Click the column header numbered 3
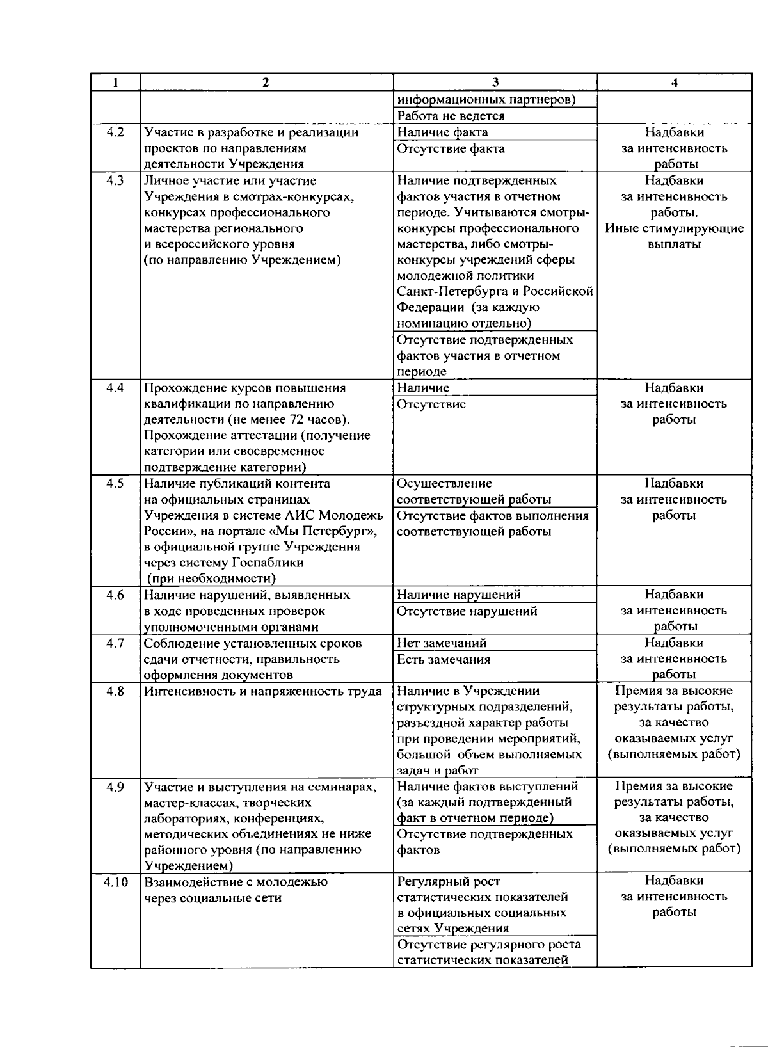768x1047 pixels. pyautogui.click(x=495, y=83)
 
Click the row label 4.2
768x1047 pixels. pyautogui.click(x=115, y=132)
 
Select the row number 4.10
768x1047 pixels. pyautogui.click(x=115, y=882)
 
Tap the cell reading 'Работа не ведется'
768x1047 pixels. pyautogui.click(x=451, y=116)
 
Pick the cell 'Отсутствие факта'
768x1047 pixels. pyautogui.click(x=451, y=148)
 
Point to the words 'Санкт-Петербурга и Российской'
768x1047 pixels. pyautogui.click(x=495, y=292)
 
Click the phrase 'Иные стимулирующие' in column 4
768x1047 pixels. pyautogui.click(x=674, y=228)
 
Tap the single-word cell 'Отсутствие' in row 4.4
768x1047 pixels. pyautogui.click(x=431, y=404)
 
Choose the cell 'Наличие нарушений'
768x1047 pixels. pyautogui.click(x=458, y=595)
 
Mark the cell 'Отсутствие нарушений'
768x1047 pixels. pyautogui.click(x=467, y=611)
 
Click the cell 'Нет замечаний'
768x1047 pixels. pyautogui.click(x=442, y=643)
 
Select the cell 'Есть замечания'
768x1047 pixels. pyautogui.click(x=444, y=659)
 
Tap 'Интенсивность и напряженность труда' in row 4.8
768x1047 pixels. pyautogui.click(x=262, y=691)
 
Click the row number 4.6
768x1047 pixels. pyautogui.click(x=115, y=595)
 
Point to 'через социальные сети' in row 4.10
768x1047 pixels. pyautogui.click(x=212, y=898)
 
